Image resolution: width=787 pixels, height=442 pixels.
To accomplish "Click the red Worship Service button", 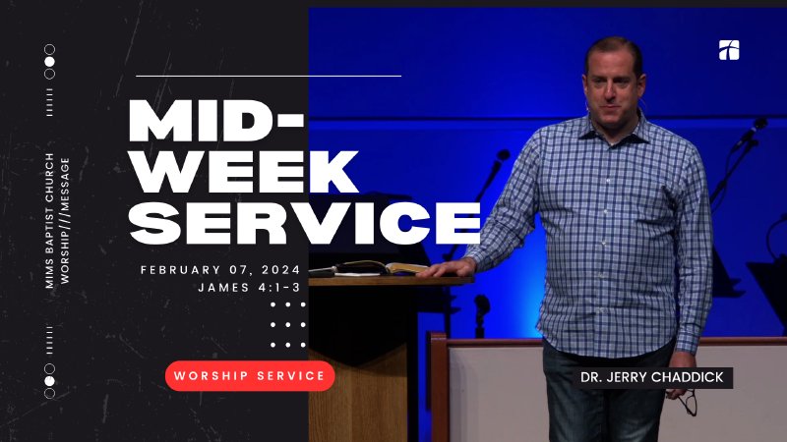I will tap(250, 375).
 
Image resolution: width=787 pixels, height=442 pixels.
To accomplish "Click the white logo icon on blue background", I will tap(729, 50).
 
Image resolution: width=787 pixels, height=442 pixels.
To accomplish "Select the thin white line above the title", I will tap(268, 75).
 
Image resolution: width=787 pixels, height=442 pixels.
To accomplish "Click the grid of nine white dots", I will tap(287, 324).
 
